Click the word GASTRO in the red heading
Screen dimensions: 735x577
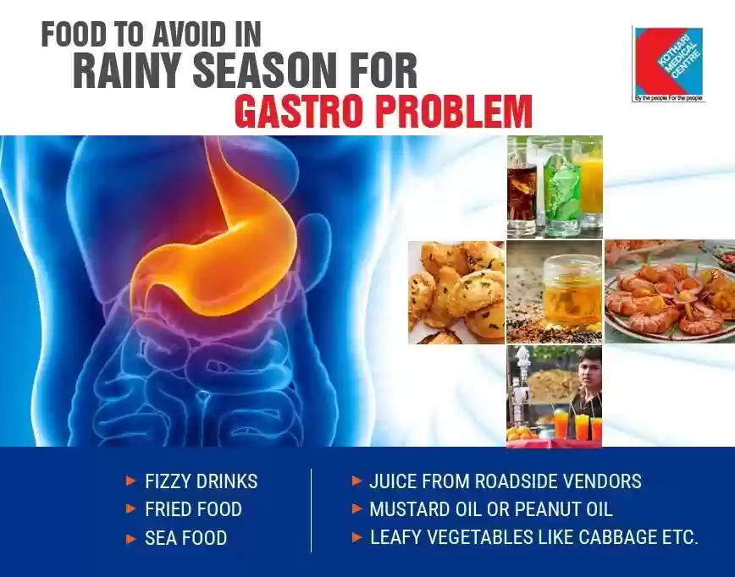301,112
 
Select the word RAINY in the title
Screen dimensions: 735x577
128,71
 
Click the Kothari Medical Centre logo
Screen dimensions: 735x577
668,64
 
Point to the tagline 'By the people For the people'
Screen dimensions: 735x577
668,98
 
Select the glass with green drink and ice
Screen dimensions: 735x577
561,191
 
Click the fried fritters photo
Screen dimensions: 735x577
456,292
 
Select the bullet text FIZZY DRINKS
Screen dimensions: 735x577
201,481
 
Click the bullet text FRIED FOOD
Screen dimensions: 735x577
193,509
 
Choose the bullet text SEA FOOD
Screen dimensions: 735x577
185,538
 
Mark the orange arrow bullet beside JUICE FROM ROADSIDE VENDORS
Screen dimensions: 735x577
356,481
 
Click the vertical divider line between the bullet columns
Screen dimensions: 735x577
311,510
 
